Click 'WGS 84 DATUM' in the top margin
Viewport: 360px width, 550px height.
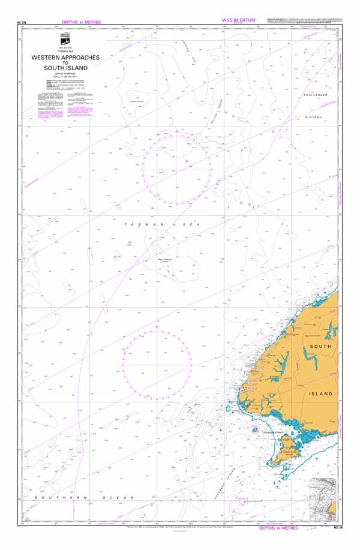point(239,20)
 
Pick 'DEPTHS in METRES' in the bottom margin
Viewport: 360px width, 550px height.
point(278,528)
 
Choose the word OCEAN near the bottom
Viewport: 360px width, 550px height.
point(120,498)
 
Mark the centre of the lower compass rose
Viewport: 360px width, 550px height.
point(157,365)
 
